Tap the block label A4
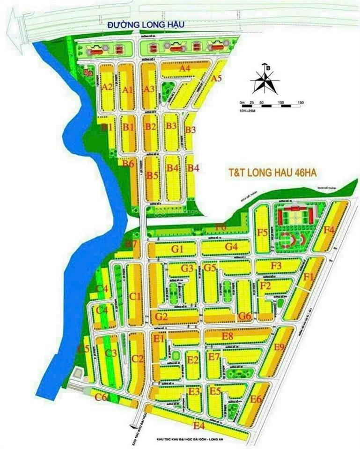185,69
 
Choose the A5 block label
216,79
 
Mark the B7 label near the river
131,244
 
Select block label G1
176,249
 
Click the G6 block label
245,316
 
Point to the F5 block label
262,232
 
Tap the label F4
329,229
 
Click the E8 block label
228,336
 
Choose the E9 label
279,347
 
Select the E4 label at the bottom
199,425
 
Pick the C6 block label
101,398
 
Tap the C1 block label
135,296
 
